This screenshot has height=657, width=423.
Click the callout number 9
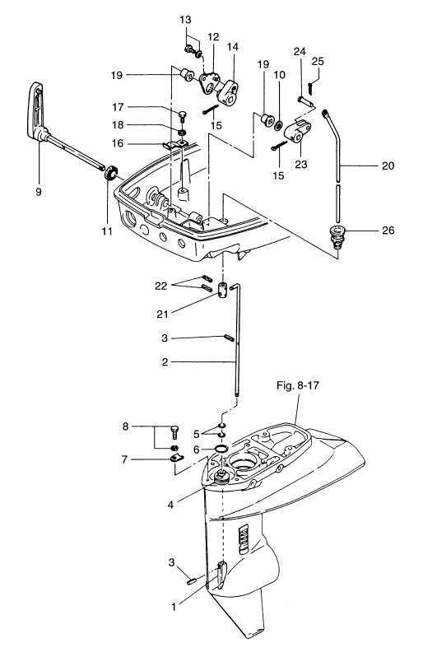pyautogui.click(x=39, y=192)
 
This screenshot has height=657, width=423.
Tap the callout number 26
pyautogui.click(x=388, y=230)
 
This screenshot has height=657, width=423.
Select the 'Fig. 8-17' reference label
pyautogui.click(x=297, y=385)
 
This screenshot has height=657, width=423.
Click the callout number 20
pyautogui.click(x=388, y=166)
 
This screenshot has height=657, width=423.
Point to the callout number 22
pyautogui.click(x=160, y=287)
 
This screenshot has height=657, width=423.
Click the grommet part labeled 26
pyautogui.click(x=336, y=236)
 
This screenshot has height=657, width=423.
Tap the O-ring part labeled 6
pyautogui.click(x=221, y=449)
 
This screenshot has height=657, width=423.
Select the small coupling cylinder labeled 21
pyautogui.click(x=223, y=290)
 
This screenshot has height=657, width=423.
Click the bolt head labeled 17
pyautogui.click(x=183, y=114)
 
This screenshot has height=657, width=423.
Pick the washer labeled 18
pyautogui.click(x=182, y=133)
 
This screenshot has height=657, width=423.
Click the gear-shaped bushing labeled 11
pyautogui.click(x=111, y=174)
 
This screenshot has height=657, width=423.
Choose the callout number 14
pyautogui.click(x=233, y=46)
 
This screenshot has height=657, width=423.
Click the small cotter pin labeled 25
pyautogui.click(x=309, y=88)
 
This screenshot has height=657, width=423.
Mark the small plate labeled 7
pyautogui.click(x=177, y=459)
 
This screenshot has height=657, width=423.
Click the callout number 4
pyautogui.click(x=170, y=505)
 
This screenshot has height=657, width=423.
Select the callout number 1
pyautogui.click(x=174, y=606)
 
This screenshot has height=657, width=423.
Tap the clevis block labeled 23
pyautogui.click(x=298, y=131)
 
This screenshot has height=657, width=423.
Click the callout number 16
pyautogui.click(x=118, y=143)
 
